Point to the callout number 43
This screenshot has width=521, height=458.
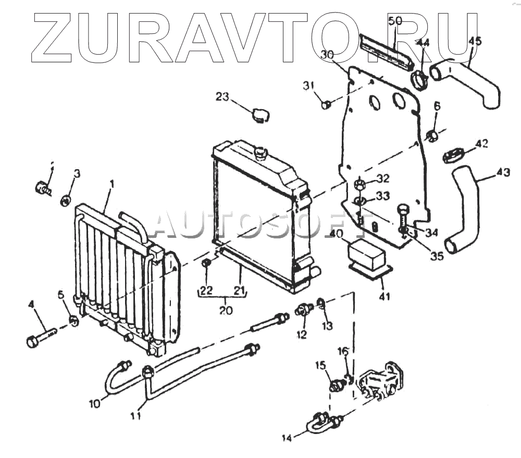(x=503, y=172)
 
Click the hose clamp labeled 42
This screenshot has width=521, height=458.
(x=453, y=155)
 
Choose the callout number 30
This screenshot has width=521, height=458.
(x=327, y=55)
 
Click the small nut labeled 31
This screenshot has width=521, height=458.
(x=327, y=106)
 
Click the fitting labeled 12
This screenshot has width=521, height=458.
(x=302, y=311)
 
